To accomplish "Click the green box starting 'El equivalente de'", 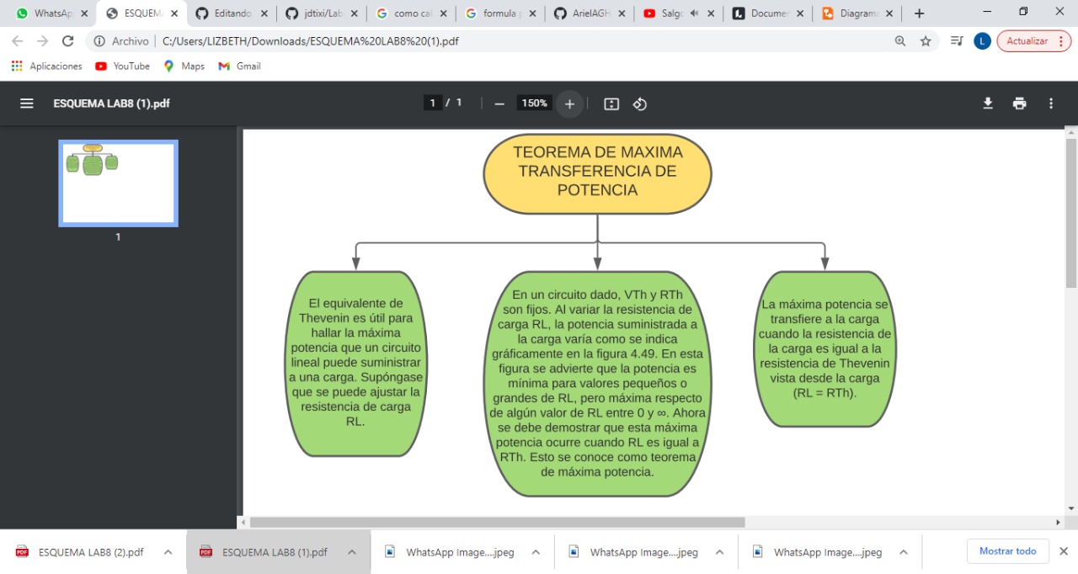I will pyautogui.click(x=354, y=363).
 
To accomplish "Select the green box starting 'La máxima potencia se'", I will pyautogui.click(x=825, y=348).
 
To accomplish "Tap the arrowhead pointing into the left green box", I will pyautogui.click(x=356, y=264).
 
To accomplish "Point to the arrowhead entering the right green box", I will pyautogui.click(x=825, y=264).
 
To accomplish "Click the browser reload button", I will pyautogui.click(x=68, y=41).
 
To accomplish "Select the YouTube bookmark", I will pyautogui.click(x=123, y=66).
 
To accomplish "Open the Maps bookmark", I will pyautogui.click(x=184, y=66).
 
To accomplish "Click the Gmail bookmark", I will pyautogui.click(x=240, y=66).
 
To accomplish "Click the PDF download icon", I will pyautogui.click(x=988, y=104).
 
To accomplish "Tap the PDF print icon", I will pyautogui.click(x=1019, y=104).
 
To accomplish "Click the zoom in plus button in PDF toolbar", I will pyautogui.click(x=569, y=104).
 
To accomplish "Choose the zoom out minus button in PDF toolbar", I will pyautogui.click(x=499, y=104).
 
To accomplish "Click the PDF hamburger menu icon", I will pyautogui.click(x=27, y=104).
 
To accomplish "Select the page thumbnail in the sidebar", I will pyautogui.click(x=118, y=183).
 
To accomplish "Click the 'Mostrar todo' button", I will pyautogui.click(x=1007, y=551).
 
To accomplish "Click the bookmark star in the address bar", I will pyautogui.click(x=926, y=41).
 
